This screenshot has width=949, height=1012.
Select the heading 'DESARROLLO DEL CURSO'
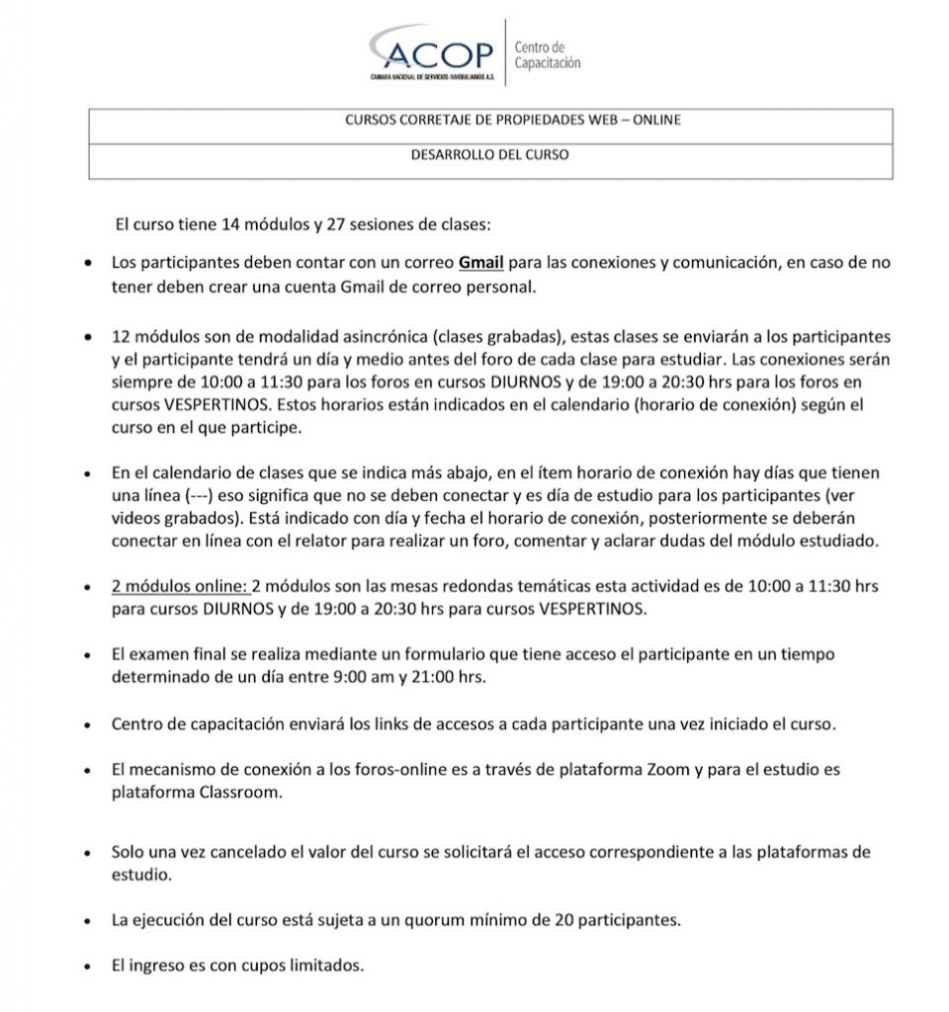point(490,155)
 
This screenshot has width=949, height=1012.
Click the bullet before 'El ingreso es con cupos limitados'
point(91,966)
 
